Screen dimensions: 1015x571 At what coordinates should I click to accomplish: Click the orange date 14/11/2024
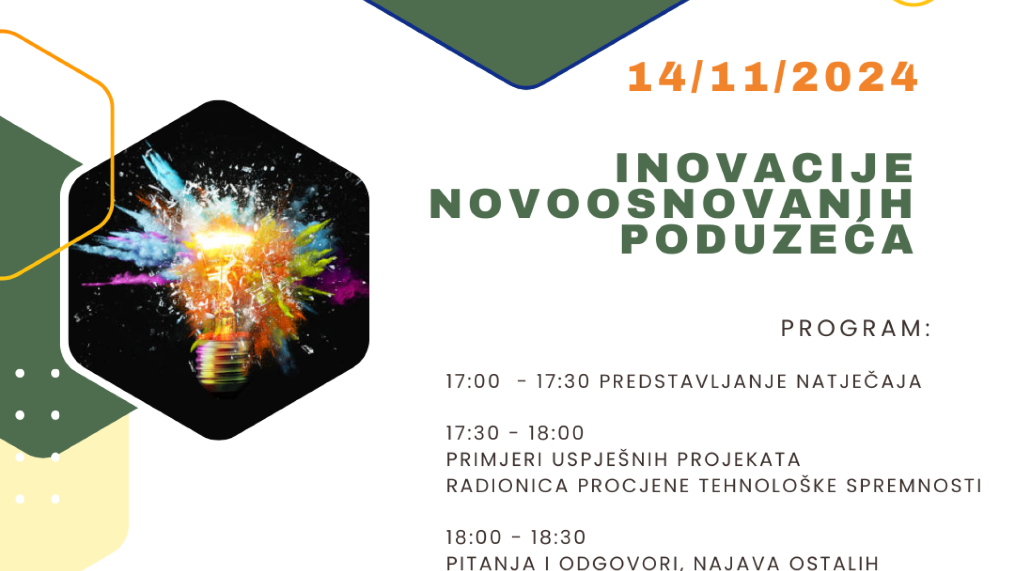pyautogui.click(x=772, y=77)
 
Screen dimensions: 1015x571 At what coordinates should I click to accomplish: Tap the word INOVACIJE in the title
pyautogui.click(x=765, y=168)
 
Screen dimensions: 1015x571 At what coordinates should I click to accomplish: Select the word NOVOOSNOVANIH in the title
pyautogui.click(x=671, y=203)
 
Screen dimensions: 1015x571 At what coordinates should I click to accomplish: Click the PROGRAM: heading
pyautogui.click(x=856, y=328)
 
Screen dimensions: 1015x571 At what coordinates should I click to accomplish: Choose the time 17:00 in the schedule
pyautogui.click(x=473, y=381)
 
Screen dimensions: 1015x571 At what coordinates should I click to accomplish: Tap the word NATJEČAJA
pyautogui.click(x=860, y=381)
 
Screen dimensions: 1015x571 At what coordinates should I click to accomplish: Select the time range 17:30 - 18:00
pyautogui.click(x=515, y=433)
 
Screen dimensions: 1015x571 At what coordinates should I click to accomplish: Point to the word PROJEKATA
pyautogui.click(x=739, y=459)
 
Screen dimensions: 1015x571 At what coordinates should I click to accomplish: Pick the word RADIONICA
pyautogui.click(x=508, y=485)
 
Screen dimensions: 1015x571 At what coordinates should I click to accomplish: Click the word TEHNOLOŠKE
pyautogui.click(x=768, y=485)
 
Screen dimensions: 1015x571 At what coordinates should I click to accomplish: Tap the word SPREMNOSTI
pyautogui.click(x=914, y=485)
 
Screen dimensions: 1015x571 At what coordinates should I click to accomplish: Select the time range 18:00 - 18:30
pyautogui.click(x=516, y=537)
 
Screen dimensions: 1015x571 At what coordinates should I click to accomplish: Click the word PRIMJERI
pyautogui.click(x=494, y=459)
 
